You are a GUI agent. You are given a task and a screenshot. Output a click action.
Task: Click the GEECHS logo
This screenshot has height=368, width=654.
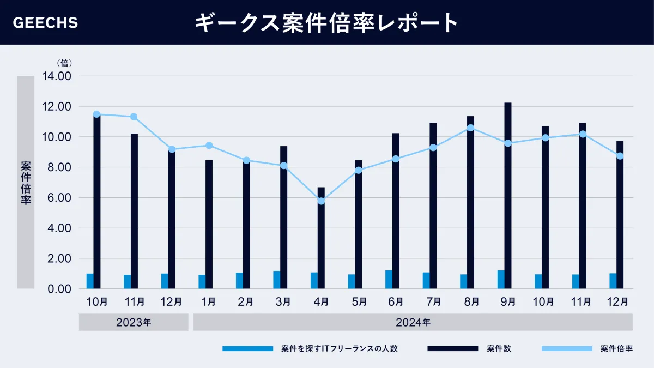[x=45, y=23]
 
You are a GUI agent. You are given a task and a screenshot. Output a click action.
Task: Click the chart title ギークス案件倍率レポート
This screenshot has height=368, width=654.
[x=326, y=23]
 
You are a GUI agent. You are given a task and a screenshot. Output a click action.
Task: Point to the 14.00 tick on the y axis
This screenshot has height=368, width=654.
[x=57, y=76]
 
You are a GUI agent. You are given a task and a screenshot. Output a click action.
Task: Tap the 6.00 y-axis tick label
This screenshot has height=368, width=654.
[x=57, y=198]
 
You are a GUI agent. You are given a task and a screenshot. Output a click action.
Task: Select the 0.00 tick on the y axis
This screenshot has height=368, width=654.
[x=57, y=289]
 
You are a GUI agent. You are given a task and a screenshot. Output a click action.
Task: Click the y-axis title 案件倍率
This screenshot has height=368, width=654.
[x=26, y=182]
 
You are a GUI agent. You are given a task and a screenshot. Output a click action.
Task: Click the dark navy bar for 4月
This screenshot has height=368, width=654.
[x=321, y=238]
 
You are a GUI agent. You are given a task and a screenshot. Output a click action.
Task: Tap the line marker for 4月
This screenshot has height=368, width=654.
[x=321, y=201]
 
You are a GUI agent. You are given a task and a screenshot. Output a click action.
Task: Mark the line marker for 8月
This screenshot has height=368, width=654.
[x=470, y=128]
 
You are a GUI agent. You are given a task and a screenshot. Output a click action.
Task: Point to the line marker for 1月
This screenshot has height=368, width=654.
[x=209, y=146]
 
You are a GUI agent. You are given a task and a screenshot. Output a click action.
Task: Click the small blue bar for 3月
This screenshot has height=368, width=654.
[x=277, y=280]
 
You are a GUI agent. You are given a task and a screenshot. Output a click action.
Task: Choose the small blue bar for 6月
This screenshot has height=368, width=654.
[x=389, y=279]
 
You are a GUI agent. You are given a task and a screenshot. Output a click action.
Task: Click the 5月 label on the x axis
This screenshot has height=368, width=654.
[x=359, y=301]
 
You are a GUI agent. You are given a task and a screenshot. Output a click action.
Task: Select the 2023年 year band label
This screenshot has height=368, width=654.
[x=134, y=322]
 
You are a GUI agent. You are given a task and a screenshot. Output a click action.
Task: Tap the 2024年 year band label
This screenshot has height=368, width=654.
[x=413, y=322]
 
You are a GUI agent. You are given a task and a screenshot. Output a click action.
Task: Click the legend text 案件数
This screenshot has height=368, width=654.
[x=499, y=349]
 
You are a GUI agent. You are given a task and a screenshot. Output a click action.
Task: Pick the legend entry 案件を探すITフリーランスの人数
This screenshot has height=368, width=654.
[x=339, y=349]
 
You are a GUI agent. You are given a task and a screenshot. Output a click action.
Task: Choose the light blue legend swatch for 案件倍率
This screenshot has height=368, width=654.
[x=567, y=349]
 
